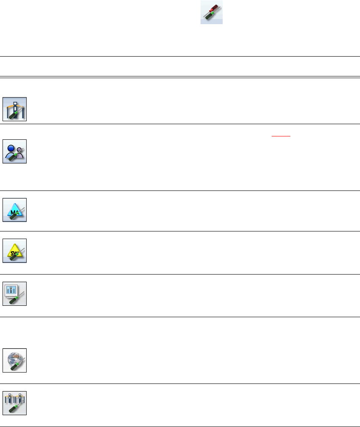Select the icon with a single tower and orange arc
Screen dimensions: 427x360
pos(15,109)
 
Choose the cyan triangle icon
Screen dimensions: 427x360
pos(15,210)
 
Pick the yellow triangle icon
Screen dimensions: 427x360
pos(15,251)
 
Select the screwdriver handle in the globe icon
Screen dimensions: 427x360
pos(11,366)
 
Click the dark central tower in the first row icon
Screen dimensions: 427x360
pos(15,106)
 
